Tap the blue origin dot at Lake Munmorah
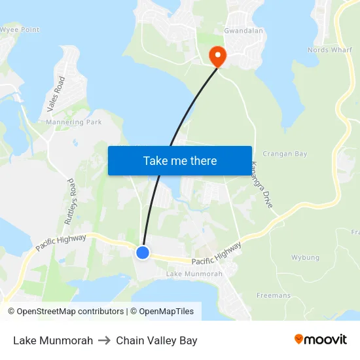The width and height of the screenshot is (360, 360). pos(143,252)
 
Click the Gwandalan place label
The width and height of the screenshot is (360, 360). pos(243,31)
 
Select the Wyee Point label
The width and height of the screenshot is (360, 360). pos(20,30)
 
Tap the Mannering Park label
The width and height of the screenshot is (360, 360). pos(73,122)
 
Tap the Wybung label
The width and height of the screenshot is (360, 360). pos(305,258)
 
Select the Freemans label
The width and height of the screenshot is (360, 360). pos(274,296)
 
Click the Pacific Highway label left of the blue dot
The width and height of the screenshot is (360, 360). pos(61,242)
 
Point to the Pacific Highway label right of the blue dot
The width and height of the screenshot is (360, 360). pos(217,253)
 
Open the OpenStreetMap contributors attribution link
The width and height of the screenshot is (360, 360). pos(65,312)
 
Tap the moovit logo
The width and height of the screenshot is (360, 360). pos(321,340)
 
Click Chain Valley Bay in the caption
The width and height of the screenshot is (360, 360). pos(156,340)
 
